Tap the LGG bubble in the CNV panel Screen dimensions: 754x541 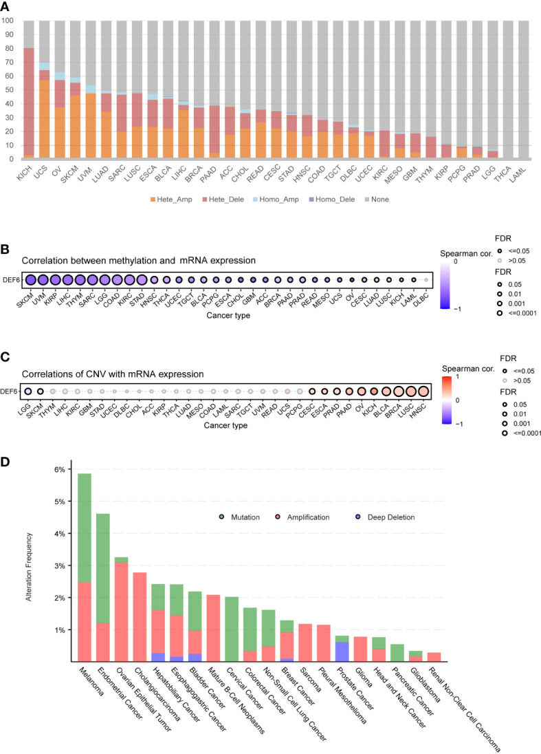coord(27,391)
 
